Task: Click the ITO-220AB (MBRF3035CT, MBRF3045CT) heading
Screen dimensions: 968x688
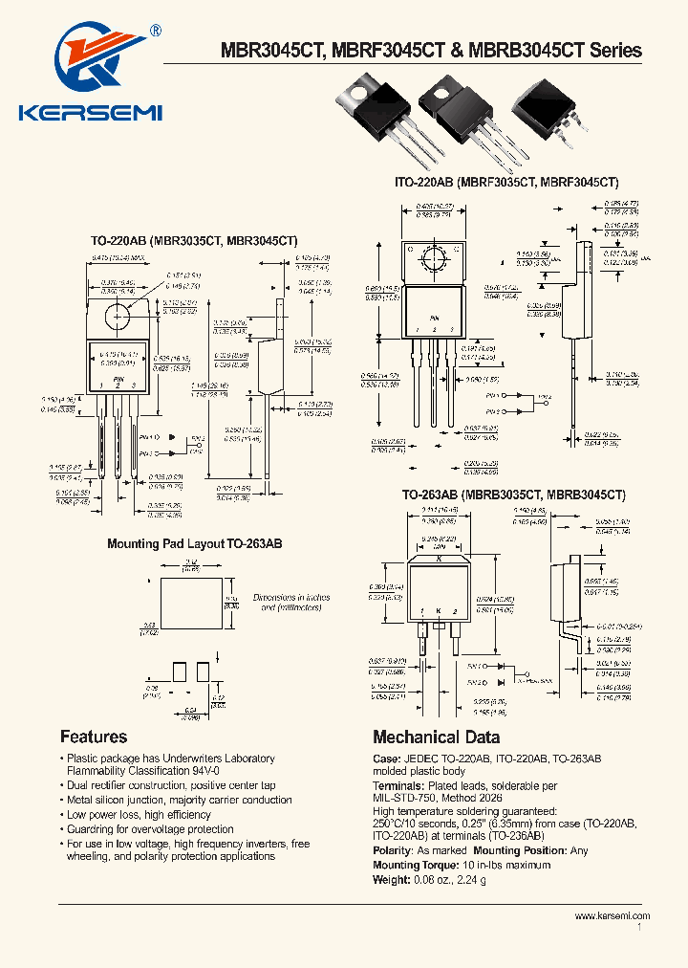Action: click(x=506, y=182)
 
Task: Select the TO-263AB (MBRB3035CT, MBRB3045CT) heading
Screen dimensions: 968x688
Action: click(x=513, y=495)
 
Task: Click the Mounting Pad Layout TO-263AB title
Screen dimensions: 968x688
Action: click(x=194, y=544)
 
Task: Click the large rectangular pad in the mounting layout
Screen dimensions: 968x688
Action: click(x=189, y=602)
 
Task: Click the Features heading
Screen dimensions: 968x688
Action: click(x=94, y=737)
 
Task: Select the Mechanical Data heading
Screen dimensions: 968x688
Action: click(x=436, y=737)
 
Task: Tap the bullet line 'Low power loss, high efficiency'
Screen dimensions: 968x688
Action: click(x=139, y=815)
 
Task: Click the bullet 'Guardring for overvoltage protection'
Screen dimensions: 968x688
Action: click(x=150, y=829)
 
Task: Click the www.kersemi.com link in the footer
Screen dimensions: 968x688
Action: click(x=612, y=916)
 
